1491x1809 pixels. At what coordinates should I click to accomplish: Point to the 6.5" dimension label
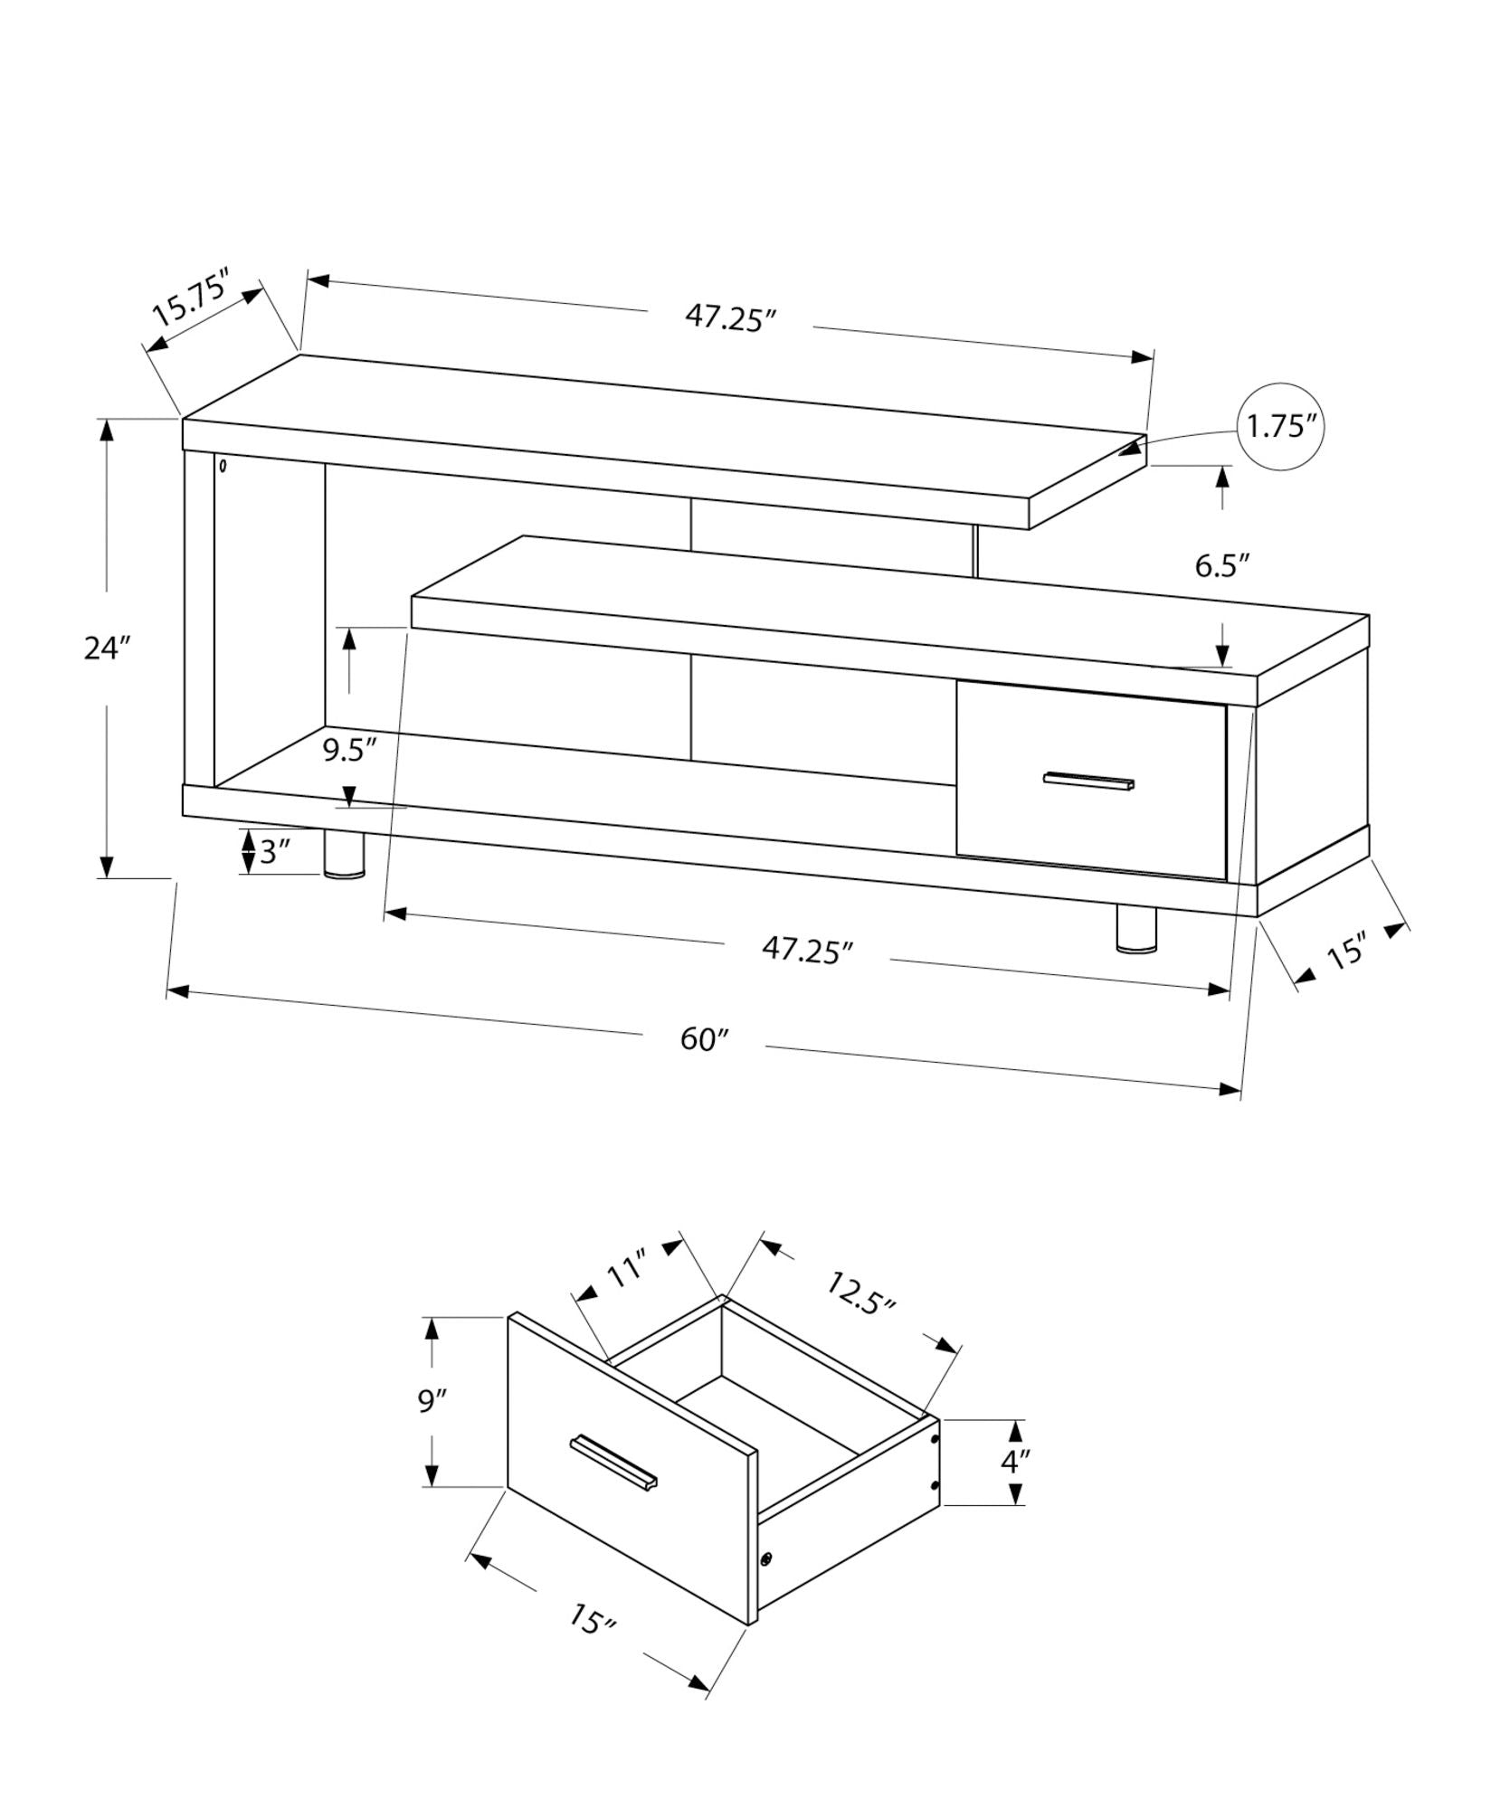tap(1221, 566)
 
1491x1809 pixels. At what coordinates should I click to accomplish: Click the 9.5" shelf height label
tap(349, 751)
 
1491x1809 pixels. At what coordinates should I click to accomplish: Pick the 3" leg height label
tap(275, 852)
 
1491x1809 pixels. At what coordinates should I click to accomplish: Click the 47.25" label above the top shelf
tap(730, 318)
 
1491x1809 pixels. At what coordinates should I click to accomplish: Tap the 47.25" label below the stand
tap(807, 951)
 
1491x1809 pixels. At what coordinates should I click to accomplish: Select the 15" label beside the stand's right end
tap(1346, 953)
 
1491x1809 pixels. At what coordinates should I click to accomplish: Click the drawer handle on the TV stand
tap(1088, 781)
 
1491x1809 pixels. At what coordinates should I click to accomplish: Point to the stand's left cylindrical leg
tap(344, 855)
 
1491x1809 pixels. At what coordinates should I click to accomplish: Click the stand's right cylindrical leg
tap(1136, 929)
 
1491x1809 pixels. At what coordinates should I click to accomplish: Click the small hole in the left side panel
tap(223, 468)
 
